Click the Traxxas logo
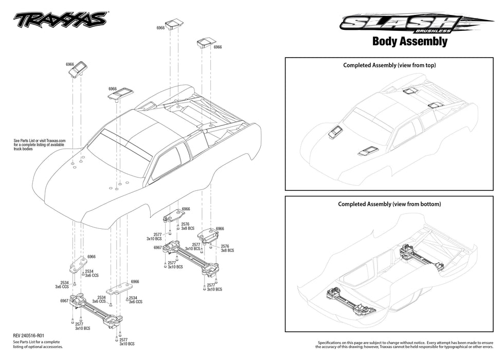(x=60, y=20)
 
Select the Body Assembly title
(x=409, y=42)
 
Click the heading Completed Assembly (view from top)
(x=389, y=65)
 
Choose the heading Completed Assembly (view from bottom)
(x=389, y=204)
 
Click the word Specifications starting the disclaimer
(x=332, y=343)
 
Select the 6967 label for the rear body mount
(x=158, y=247)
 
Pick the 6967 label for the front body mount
(x=64, y=300)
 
